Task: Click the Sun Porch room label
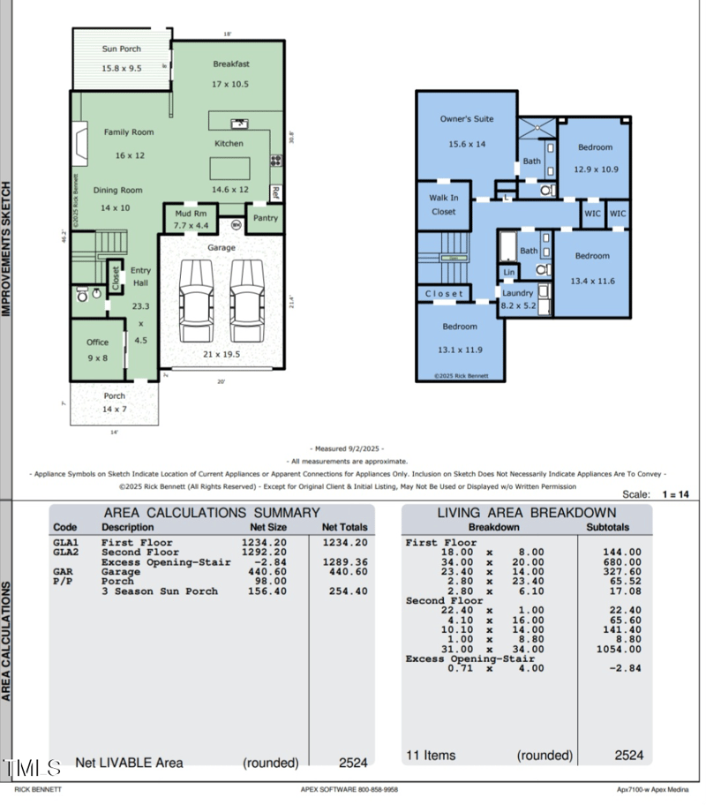[x=122, y=49]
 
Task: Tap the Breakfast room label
[x=231, y=64]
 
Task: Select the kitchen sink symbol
[x=239, y=124]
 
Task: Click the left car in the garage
[x=196, y=301]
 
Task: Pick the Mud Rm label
[x=190, y=214]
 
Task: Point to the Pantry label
[x=265, y=218]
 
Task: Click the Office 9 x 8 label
[x=97, y=342]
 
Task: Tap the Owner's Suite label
[x=467, y=119]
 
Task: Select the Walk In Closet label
[x=443, y=205]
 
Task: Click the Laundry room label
[x=518, y=293]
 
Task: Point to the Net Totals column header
[x=343, y=528]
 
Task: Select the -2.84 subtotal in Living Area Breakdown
[x=623, y=668]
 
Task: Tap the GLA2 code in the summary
[x=65, y=553]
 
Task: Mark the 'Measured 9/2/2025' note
[x=347, y=449]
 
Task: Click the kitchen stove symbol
[x=276, y=161]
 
